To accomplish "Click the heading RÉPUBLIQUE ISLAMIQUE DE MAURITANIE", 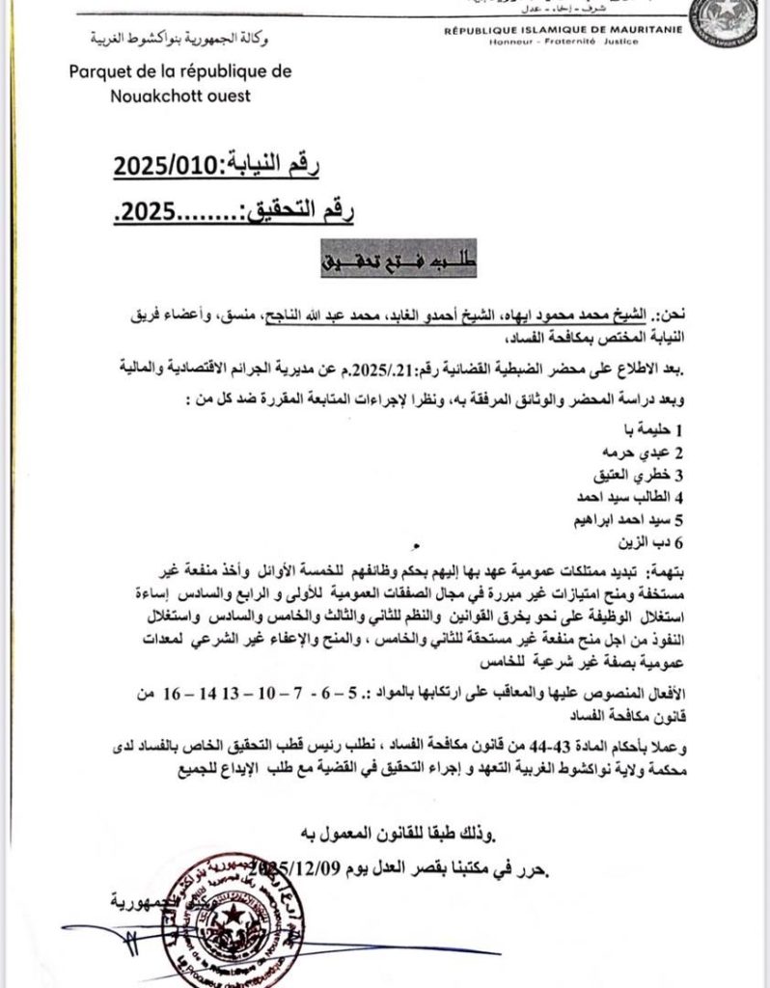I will pyautogui.click(x=563, y=31).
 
